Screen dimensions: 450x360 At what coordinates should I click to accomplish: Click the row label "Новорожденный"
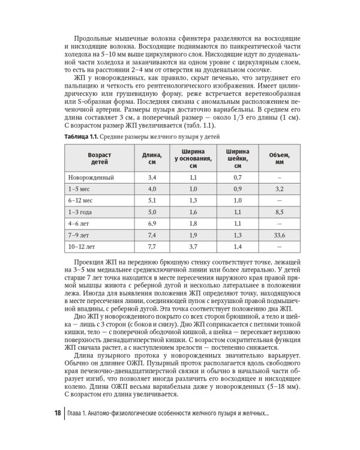[x=91, y=178]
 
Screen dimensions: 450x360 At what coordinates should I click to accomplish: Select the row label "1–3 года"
[x=81, y=212]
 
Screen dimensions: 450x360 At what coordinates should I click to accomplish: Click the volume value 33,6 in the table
[x=279, y=235]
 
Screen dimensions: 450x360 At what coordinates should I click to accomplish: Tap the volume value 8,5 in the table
[x=279, y=212]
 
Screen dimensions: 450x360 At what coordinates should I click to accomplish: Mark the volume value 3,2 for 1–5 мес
[x=279, y=189]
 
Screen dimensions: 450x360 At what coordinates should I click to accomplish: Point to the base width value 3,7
[x=193, y=246]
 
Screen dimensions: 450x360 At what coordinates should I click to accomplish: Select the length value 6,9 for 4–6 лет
[x=151, y=223]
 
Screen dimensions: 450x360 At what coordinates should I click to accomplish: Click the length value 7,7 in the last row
[x=151, y=246]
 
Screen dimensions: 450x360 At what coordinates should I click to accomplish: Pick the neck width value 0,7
[x=237, y=178]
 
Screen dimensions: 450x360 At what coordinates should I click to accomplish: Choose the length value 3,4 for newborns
[x=151, y=178]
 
